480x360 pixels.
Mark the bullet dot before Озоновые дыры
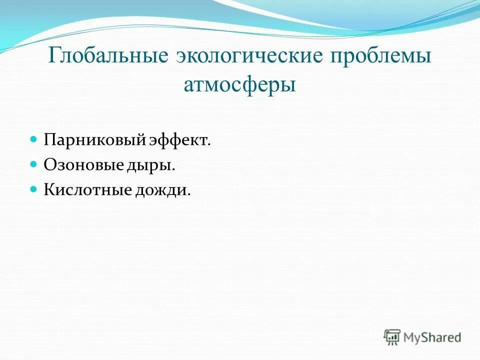click(x=34, y=163)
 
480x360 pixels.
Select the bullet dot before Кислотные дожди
click(x=34, y=189)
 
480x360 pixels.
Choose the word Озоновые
click(x=82, y=164)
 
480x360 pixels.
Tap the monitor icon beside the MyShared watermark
click(x=392, y=336)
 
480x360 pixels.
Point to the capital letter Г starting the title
click(x=53, y=56)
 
